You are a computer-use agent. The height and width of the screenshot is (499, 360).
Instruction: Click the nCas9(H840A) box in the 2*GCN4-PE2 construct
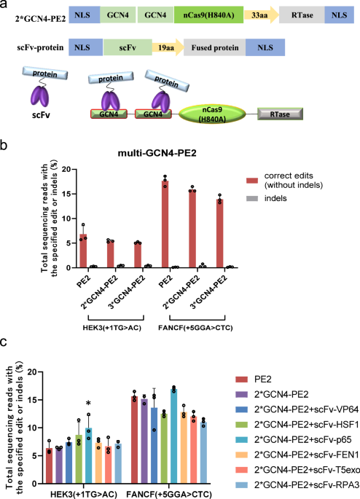click(209, 15)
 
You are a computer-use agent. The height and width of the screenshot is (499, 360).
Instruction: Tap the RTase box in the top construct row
click(302, 15)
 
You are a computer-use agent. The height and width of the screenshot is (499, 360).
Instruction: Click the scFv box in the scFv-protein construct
click(128, 47)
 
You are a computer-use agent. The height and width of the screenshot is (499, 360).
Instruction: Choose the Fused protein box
click(215, 47)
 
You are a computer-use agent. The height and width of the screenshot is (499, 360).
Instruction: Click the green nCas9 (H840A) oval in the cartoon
click(212, 114)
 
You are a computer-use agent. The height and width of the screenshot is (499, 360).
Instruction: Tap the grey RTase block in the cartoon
click(280, 114)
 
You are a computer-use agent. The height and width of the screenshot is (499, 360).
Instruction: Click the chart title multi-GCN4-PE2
click(157, 153)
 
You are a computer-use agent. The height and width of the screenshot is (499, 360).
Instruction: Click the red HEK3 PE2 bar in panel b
click(83, 251)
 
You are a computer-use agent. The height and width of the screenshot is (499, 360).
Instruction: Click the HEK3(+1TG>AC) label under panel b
click(111, 328)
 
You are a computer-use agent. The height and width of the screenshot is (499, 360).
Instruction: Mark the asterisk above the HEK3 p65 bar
click(88, 404)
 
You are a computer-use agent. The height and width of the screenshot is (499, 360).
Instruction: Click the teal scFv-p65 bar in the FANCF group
click(173, 436)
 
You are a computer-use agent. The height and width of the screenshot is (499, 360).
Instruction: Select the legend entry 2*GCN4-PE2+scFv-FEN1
click(297, 455)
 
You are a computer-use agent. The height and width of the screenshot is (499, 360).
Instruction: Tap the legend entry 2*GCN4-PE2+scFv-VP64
click(297, 409)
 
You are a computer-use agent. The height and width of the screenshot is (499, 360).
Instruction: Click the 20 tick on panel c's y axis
click(31, 372)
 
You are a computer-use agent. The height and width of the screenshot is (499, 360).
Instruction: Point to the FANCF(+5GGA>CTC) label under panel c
click(169, 494)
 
